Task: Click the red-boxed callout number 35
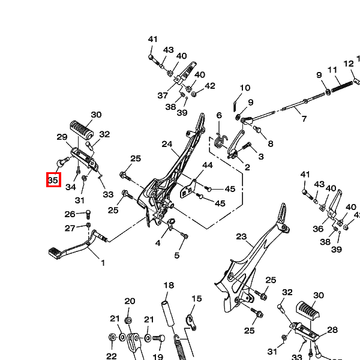pos(53,179)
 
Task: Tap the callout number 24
pos(167,144)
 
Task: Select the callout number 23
pos(241,236)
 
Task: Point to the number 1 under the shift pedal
pos(102,263)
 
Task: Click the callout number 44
pos(208,165)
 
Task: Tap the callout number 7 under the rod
pos(304,119)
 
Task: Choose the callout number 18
pos(169,286)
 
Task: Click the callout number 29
pos(62,137)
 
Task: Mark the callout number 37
pos(163,95)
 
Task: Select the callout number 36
pos(318,229)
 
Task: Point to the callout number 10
pos(245,89)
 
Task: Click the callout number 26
pos(70,214)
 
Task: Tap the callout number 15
pos(197,299)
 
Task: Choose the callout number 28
pos(332,330)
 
